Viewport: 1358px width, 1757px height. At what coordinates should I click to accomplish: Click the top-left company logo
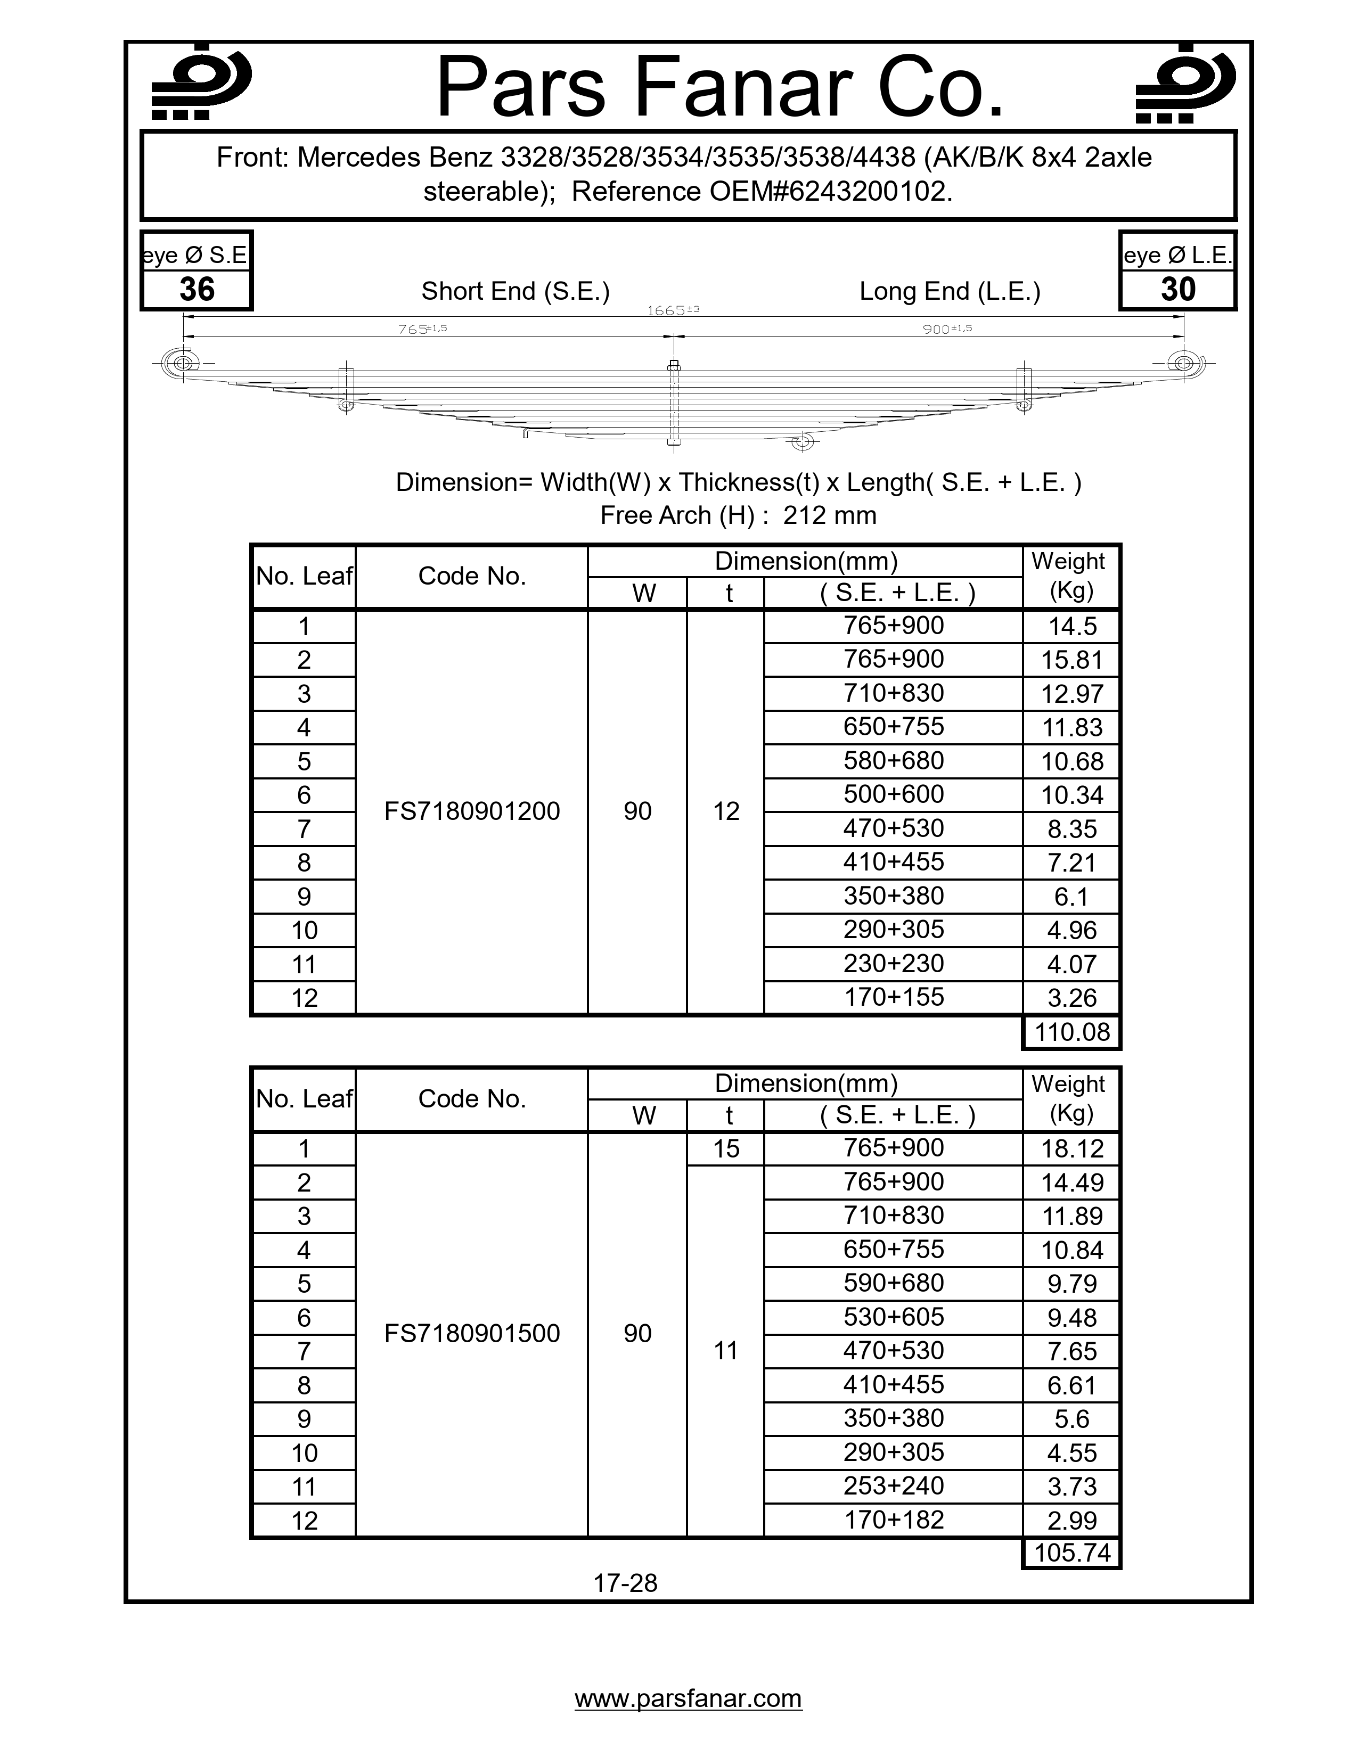[201, 84]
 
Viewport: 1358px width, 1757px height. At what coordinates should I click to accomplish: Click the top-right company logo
[1185, 84]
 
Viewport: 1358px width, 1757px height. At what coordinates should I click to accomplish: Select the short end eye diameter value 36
[197, 290]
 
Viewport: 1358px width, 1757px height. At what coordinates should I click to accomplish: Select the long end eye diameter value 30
[1178, 290]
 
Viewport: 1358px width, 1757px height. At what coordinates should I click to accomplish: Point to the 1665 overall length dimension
[673, 310]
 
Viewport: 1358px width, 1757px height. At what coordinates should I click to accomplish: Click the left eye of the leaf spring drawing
[183, 364]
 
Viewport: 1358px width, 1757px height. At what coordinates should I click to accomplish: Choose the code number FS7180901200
[471, 811]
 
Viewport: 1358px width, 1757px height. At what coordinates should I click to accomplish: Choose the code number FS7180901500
[471, 1334]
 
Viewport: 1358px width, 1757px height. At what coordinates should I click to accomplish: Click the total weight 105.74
[1071, 1553]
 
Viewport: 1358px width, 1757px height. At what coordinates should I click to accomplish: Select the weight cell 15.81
[1071, 661]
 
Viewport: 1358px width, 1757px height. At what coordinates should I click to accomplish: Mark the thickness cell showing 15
[726, 1149]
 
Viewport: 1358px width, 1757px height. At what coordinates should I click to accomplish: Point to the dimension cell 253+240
[893, 1486]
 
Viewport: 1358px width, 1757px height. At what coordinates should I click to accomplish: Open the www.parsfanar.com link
[688, 1698]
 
